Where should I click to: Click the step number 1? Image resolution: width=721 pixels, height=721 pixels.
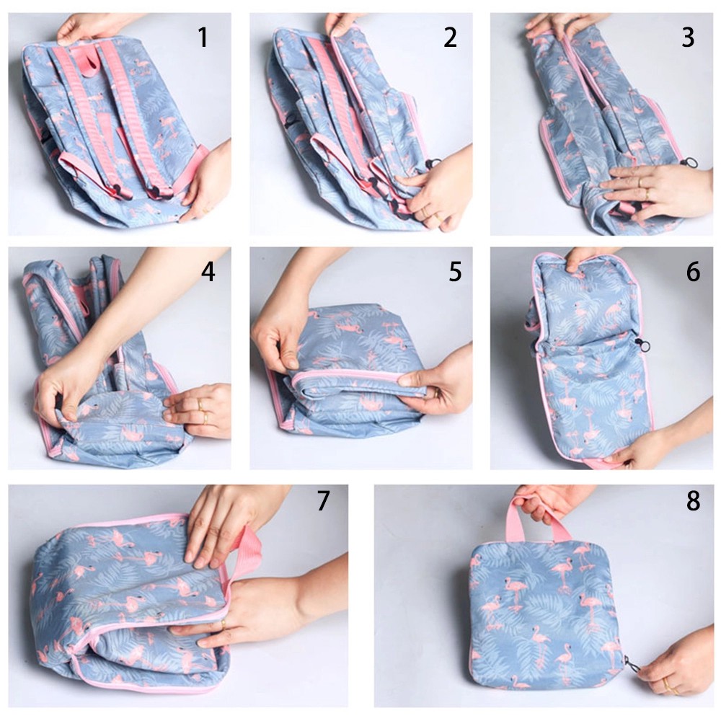tap(203, 37)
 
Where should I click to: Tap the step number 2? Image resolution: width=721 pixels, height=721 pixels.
tap(450, 37)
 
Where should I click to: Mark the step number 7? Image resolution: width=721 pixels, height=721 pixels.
tap(323, 500)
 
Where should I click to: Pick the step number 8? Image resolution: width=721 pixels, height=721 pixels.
tap(693, 500)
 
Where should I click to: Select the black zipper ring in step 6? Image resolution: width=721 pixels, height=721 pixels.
tap(641, 343)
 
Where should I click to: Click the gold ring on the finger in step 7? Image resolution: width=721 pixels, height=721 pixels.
tap(224, 624)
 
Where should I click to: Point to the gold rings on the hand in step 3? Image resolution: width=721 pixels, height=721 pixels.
tap(643, 187)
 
